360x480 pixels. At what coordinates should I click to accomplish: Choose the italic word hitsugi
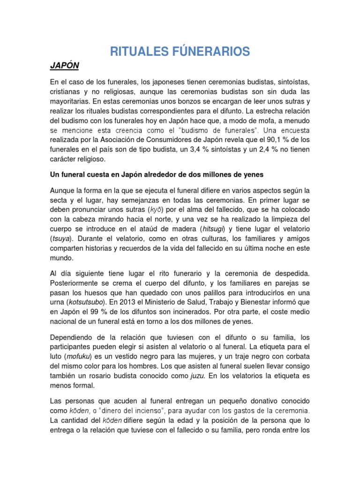pos(213,229)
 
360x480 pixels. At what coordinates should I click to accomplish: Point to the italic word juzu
pos(196,376)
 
